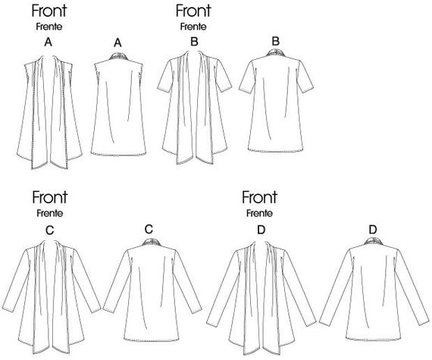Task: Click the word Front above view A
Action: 49,11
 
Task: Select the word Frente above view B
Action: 193,27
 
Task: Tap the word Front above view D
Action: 259,197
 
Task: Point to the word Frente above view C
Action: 50,213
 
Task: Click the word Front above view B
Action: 193,11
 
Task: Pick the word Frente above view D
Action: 259,213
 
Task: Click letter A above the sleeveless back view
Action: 117,42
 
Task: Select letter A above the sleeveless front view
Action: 49,42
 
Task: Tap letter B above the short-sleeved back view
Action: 276,42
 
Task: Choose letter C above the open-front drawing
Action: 49,230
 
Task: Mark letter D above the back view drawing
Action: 373,230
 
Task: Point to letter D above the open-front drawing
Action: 261,230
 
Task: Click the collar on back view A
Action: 118,57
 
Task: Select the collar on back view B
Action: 277,53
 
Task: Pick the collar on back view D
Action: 374,241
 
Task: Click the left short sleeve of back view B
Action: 247,77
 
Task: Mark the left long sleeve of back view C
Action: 117,283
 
